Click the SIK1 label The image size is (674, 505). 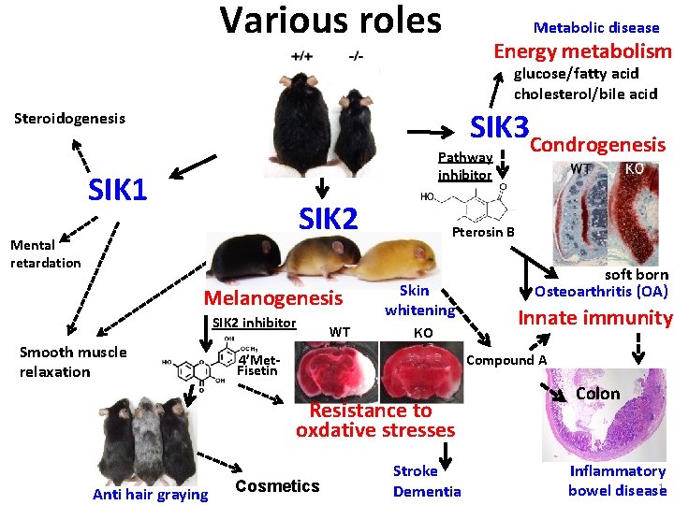(x=117, y=190)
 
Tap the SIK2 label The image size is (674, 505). (x=328, y=218)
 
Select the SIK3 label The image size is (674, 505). (x=500, y=127)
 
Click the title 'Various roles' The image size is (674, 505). (x=330, y=20)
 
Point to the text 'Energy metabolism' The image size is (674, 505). (x=582, y=51)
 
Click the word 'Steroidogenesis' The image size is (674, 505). (x=70, y=119)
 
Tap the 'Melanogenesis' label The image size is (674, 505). (x=273, y=298)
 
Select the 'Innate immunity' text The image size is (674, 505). (x=595, y=318)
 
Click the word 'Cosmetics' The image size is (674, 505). (x=277, y=485)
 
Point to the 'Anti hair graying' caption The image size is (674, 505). (x=150, y=494)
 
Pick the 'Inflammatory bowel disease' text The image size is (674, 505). (x=617, y=481)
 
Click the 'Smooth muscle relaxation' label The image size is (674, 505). (x=73, y=362)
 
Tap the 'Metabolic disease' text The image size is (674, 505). (x=596, y=27)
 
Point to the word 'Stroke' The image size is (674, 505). (x=415, y=471)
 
